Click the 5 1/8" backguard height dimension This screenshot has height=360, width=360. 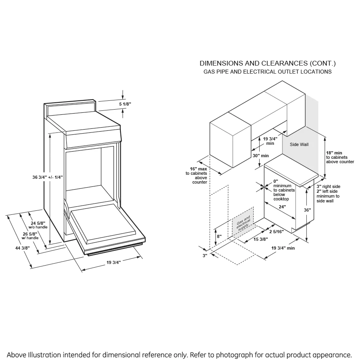tap(125, 104)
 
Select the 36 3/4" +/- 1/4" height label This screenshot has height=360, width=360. tap(48, 177)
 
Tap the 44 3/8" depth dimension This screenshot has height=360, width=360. tap(22, 248)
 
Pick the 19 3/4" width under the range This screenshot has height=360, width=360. tap(114, 262)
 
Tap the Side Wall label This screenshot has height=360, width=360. tap(299, 144)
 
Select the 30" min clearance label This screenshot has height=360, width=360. tap(260, 156)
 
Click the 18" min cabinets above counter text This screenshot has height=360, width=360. tap(340, 157)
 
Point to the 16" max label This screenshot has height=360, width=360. tap(198, 169)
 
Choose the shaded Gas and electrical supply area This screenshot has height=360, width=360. tap(243, 222)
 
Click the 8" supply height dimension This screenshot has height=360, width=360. tap(219, 236)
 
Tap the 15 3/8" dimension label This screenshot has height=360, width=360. tap(260, 239)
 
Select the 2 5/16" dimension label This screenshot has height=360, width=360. tap(276, 232)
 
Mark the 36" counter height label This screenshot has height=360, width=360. tap(308, 210)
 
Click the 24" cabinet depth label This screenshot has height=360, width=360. tap(282, 207)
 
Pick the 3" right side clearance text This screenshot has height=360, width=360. tap(328, 186)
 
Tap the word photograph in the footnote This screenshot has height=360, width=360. tap(234, 355)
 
